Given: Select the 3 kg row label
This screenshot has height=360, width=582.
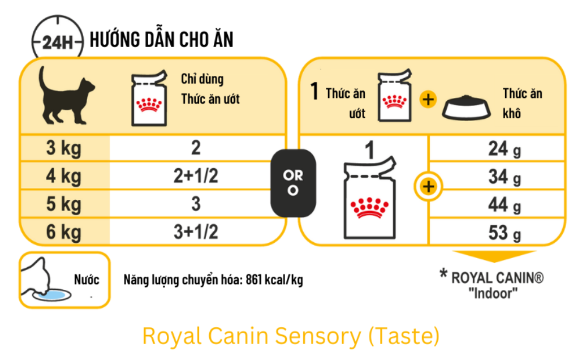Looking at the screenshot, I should pos(64,149).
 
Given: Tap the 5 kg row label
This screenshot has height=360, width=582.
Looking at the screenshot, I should pos(64,204).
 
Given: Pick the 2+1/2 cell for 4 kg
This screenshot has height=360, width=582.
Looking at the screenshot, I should pos(196,177).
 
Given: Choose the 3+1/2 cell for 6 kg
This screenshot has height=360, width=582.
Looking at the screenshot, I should pos(196,232).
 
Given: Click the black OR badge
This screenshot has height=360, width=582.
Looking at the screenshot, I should pos(293,183).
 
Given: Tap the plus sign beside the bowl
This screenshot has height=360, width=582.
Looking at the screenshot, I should pos(428,100).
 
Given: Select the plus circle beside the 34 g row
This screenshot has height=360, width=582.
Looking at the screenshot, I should pos(428,186).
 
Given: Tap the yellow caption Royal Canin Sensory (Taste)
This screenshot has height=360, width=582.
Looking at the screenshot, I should pos(291,336).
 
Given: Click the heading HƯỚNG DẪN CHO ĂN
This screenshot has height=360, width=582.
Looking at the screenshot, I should pos(161,40).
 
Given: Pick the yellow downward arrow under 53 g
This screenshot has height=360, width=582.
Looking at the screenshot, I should pos(494,256).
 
